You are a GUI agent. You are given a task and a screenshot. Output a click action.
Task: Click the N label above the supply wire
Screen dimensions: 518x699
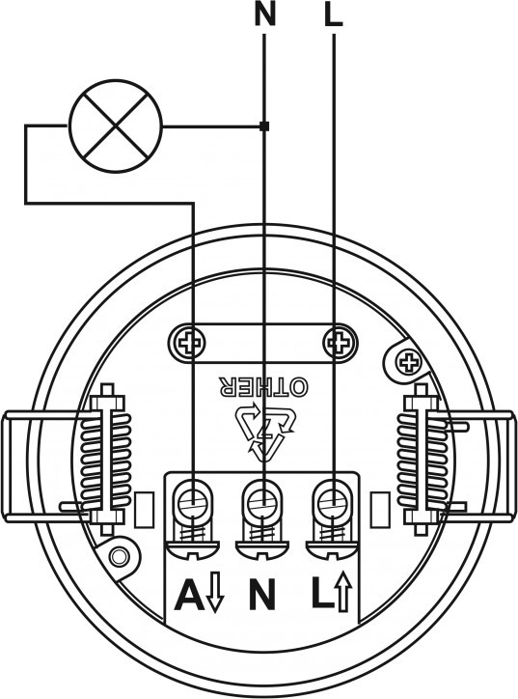265,14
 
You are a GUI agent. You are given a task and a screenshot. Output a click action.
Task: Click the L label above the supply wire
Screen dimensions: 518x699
334,14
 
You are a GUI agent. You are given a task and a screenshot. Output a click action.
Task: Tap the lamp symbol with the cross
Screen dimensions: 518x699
116,126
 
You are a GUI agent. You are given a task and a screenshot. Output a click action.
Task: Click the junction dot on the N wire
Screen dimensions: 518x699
264,126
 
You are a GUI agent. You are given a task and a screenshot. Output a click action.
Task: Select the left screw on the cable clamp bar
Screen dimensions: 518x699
186,343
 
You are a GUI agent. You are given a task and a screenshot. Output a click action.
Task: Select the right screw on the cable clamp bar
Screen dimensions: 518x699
340,343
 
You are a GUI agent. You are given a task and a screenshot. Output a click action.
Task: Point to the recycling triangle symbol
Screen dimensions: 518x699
265,432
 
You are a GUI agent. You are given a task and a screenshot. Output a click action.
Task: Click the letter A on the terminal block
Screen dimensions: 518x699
190,595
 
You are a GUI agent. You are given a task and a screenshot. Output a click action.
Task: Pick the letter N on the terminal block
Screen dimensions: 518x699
262,595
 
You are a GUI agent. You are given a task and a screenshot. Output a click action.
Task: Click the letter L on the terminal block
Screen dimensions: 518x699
322,595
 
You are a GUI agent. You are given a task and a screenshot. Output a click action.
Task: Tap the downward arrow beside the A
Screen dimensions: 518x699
215,593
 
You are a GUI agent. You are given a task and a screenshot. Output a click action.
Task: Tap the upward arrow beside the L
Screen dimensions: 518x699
343,593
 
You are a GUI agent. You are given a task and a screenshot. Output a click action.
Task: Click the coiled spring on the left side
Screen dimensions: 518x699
107,460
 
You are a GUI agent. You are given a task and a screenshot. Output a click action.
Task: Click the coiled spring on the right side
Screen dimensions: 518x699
421,460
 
